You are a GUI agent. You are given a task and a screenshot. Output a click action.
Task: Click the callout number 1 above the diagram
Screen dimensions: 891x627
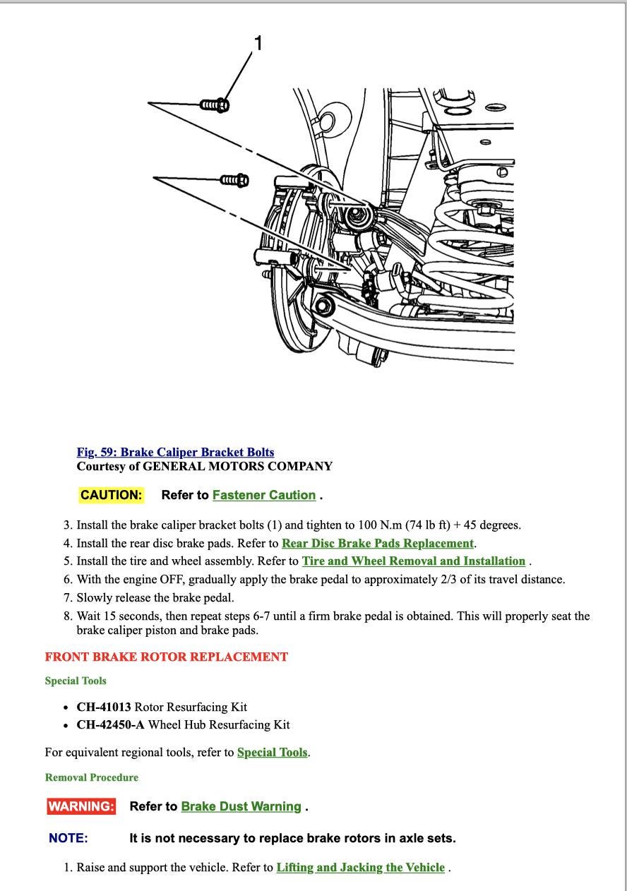258,44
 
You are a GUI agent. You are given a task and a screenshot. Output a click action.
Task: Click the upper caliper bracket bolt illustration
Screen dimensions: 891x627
215,105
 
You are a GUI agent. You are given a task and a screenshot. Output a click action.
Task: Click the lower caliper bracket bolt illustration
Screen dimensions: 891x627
234,180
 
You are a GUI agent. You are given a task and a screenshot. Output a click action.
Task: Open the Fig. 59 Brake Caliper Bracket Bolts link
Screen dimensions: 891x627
175,452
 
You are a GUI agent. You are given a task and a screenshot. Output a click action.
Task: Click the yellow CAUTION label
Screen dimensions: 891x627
112,495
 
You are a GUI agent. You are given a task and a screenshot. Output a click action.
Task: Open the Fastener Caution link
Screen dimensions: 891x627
263,495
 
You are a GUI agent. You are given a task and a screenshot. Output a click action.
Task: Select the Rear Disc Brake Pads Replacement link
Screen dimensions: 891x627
377,543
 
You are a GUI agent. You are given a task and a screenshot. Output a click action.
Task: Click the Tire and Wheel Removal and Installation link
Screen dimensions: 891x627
413,561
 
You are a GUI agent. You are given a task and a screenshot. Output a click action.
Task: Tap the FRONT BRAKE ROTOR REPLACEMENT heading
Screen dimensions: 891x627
167,657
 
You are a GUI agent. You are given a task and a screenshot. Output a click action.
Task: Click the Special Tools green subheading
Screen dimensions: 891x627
76,681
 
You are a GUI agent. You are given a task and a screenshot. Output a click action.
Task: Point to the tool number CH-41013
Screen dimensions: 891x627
104,707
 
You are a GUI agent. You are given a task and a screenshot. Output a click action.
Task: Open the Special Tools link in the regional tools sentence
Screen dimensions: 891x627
273,752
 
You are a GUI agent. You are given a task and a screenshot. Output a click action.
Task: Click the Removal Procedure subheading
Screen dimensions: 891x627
92,777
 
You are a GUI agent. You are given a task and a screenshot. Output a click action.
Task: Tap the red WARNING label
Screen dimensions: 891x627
81,806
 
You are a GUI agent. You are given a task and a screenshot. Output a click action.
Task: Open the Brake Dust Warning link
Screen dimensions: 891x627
241,806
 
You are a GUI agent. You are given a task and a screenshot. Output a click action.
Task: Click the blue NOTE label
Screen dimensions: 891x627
68,838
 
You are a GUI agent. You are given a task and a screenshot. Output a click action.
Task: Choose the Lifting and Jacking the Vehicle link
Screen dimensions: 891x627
360,867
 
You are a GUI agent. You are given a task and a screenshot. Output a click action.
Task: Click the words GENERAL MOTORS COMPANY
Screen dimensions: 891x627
237,466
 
